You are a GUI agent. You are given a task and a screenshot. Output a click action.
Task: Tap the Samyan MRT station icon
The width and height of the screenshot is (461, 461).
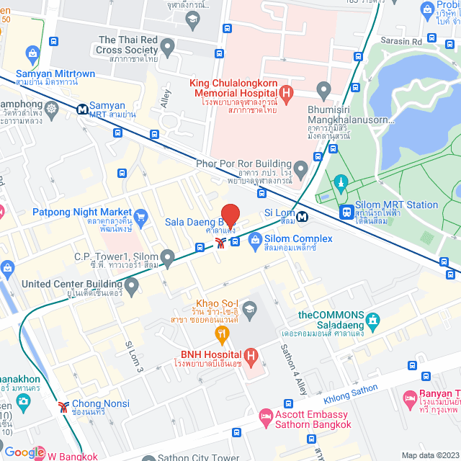tap(84, 109)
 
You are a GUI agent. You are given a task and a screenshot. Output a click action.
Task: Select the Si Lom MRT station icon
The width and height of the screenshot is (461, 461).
tap(303, 214)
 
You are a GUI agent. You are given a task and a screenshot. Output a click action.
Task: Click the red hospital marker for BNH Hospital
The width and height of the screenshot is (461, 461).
tap(251, 355)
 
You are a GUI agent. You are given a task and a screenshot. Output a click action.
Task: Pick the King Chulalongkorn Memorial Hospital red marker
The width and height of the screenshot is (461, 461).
tap(286, 93)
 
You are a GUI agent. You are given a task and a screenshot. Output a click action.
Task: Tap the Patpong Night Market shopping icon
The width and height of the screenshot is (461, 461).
tap(140, 215)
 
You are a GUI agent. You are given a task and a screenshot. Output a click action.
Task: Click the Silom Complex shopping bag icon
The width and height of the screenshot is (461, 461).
tap(254, 240)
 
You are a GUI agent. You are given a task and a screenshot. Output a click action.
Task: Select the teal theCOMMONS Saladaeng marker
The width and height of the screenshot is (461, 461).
tap(372, 319)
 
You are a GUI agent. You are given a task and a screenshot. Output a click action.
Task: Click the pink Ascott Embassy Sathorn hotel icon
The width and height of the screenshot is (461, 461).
tap(266, 416)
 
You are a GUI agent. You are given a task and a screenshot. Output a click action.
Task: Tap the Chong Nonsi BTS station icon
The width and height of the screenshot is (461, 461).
tap(65, 407)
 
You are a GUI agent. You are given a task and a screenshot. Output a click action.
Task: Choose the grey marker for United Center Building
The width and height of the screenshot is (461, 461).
tap(131, 287)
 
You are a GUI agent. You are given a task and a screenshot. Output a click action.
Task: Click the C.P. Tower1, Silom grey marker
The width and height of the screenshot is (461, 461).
tap(168, 257)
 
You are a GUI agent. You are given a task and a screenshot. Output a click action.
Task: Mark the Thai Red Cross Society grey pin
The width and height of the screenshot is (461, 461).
tap(168, 49)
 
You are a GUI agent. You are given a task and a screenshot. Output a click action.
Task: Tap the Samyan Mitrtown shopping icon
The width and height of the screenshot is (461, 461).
tap(32, 53)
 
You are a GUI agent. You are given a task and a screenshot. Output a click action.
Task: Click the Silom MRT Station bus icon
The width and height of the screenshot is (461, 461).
tap(347, 212)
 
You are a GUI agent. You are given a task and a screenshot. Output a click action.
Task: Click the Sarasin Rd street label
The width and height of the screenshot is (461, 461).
tap(401, 41)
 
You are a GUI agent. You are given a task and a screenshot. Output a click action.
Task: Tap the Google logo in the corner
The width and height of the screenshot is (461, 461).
tap(24, 452)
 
